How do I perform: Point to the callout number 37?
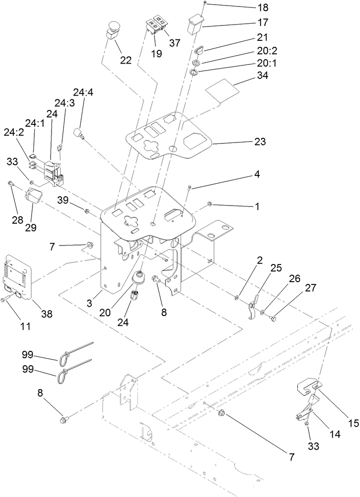click(174, 43)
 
